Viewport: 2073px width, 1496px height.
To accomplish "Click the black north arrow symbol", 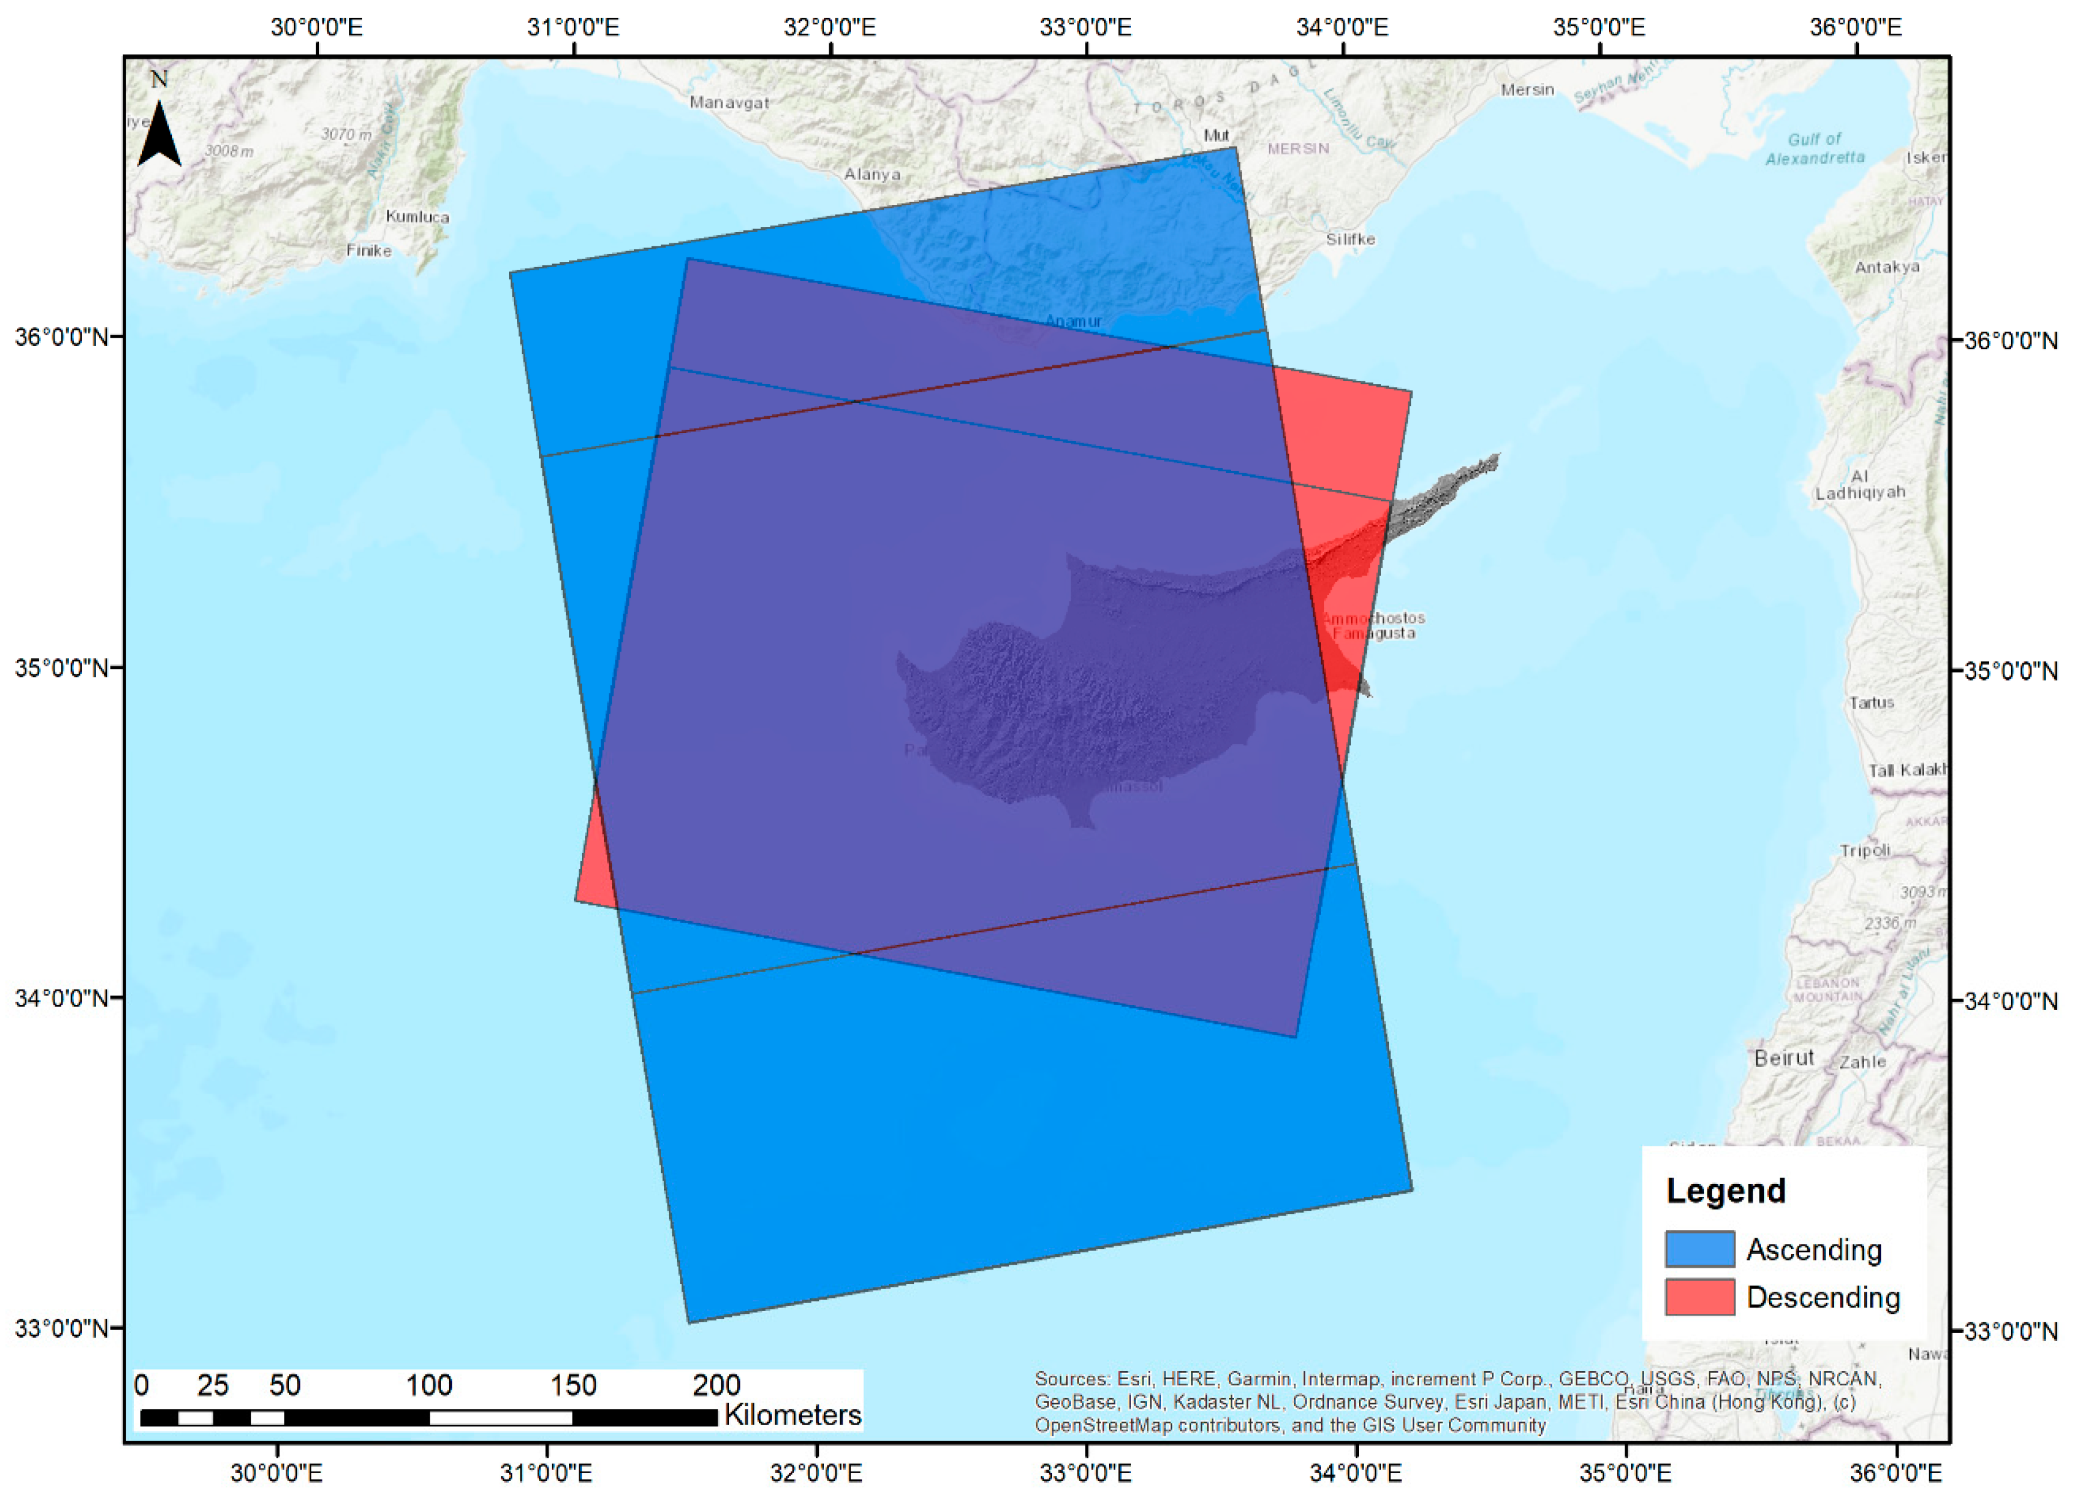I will tap(159, 135).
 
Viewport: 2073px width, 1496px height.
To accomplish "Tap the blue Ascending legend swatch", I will tap(1699, 1248).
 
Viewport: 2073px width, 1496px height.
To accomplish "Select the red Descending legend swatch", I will tap(1699, 1297).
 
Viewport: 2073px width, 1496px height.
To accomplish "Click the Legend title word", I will tap(1725, 1191).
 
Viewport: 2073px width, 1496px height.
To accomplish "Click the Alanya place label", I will tap(872, 174).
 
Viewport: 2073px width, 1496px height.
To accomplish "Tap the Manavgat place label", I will tap(728, 102).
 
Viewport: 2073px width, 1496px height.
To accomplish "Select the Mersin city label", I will tap(1527, 90).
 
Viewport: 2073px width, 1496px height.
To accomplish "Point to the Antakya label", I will tap(1887, 267).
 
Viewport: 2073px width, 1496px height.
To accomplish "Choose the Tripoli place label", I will tap(1864, 850).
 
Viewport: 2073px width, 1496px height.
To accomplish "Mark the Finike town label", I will tap(368, 251).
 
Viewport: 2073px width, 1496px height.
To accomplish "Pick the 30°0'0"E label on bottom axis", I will tap(276, 1472).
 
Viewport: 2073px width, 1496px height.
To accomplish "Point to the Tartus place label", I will tap(1871, 703).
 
